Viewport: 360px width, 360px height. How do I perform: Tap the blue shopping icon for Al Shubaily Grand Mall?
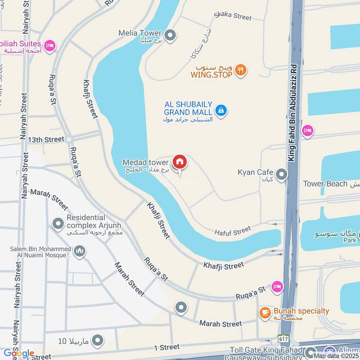point(220,110)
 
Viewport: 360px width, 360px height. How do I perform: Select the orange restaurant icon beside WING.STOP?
point(241,70)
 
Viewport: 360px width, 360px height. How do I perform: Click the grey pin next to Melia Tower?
point(170,34)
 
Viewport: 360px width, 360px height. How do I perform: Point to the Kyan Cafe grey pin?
point(282,174)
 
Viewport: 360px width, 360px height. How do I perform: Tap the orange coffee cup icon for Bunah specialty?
point(265,312)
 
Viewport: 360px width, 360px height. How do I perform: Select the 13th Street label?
point(46,139)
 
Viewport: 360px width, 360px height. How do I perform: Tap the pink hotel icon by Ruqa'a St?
point(278,286)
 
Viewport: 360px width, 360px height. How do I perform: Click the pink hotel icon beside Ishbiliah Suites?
point(50,45)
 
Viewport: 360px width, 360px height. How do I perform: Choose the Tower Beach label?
point(325,184)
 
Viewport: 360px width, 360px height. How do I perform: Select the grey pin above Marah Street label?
point(181,307)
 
